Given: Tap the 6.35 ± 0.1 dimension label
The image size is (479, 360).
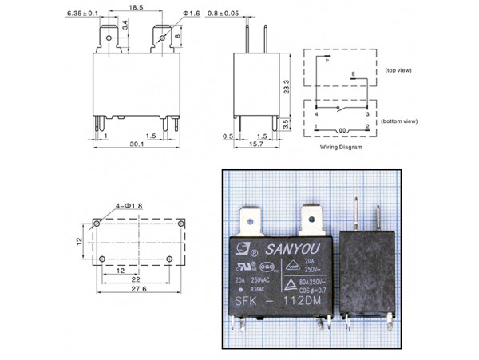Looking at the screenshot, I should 82,14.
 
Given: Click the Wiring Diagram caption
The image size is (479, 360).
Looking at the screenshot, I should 341,148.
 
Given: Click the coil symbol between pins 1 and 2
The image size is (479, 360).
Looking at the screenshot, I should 341,128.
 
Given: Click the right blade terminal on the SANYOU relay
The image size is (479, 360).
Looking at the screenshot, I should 311,217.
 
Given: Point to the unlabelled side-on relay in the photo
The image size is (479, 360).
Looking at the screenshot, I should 367,271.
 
